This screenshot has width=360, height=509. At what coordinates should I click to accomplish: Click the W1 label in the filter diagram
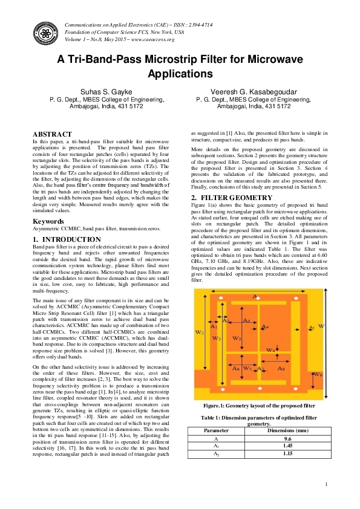click(200, 332)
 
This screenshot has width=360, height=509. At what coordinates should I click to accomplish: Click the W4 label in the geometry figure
click(271, 349)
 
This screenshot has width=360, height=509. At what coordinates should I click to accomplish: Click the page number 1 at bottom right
click(326, 484)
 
